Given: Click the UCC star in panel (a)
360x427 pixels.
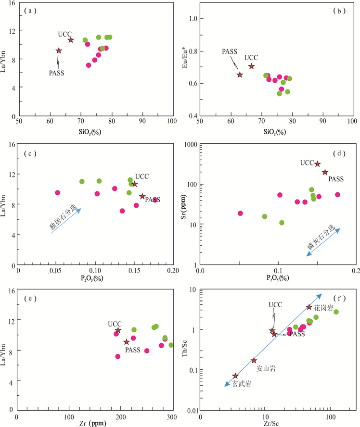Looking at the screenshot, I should coord(71,40).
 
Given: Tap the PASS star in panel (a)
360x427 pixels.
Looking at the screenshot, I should coord(59,50).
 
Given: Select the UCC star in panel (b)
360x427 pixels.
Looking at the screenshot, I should coord(251,66).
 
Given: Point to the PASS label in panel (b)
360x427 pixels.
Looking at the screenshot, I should coord(230,51).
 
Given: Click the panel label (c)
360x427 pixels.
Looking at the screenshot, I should coord(30,154).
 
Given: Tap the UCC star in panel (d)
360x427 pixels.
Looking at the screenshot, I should coord(317,164).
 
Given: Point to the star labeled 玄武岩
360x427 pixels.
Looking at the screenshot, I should coord(235,376).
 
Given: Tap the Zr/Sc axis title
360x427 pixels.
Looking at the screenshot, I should coord(274,423).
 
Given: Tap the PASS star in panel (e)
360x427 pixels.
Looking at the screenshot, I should coord(127,342).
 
